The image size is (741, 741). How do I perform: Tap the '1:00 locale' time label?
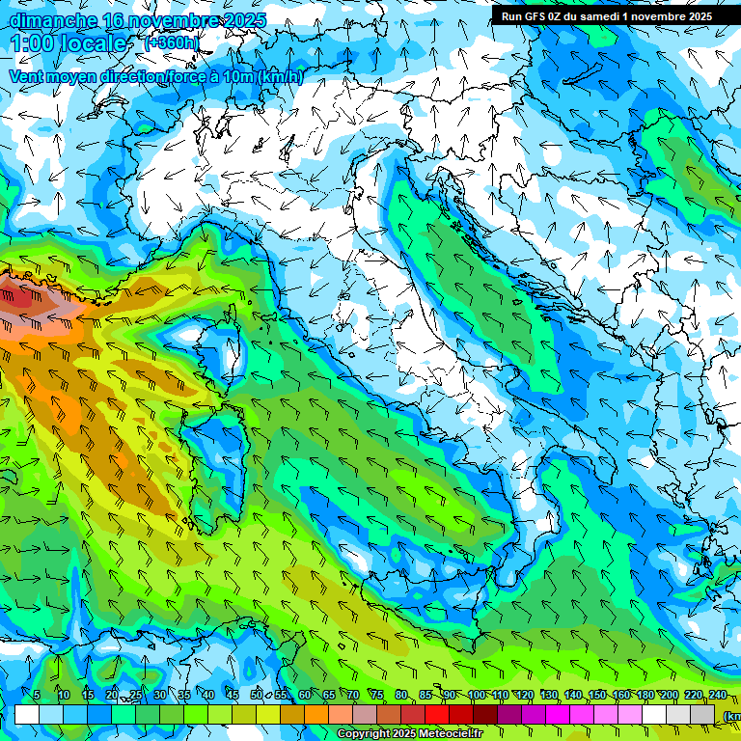(69, 44)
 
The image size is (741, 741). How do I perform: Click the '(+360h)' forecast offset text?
(171, 43)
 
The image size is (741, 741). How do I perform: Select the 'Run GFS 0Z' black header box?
(606, 15)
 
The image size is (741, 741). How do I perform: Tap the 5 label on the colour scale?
(37, 695)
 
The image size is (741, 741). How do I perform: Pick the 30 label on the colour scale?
(159, 695)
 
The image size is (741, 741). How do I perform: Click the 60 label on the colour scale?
(305, 695)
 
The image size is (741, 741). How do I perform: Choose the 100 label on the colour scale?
(477, 695)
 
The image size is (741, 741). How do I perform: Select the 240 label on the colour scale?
(718, 695)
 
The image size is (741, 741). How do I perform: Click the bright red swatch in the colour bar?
(437, 715)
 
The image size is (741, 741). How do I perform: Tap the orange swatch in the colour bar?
(316, 715)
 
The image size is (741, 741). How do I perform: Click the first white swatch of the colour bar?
(27, 715)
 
